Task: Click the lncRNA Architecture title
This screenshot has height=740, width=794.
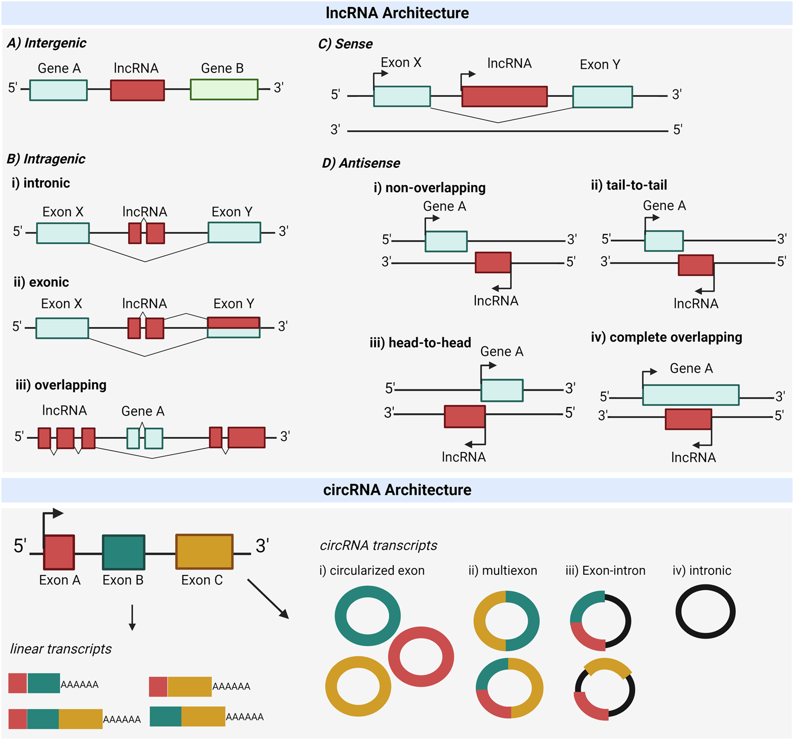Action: [397, 13]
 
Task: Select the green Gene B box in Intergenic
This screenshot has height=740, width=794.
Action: [224, 89]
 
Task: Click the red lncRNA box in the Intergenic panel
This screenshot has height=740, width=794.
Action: [137, 90]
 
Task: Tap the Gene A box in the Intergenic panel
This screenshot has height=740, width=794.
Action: [58, 90]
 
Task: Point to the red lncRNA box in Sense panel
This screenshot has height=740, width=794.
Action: [504, 96]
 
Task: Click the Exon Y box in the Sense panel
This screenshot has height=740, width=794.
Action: [602, 97]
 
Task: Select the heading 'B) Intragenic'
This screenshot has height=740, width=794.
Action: [46, 159]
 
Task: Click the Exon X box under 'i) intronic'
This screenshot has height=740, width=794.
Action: [63, 233]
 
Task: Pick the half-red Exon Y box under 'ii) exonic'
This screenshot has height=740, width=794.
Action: [233, 327]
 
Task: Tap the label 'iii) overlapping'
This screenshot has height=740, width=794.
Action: [61, 385]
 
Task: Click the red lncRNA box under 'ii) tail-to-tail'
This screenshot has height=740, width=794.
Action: [696, 265]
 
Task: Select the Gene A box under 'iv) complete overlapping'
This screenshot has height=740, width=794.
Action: [691, 395]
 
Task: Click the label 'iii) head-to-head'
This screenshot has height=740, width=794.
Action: [420, 343]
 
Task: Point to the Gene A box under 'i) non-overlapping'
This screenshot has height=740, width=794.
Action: [446, 241]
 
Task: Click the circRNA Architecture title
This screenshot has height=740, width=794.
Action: [397, 490]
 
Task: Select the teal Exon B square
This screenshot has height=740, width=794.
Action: [123, 553]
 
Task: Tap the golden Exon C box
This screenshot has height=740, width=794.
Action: [204, 552]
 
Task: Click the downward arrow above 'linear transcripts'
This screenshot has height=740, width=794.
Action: [132, 617]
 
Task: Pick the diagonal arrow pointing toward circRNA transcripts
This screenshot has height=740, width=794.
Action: [268, 599]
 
